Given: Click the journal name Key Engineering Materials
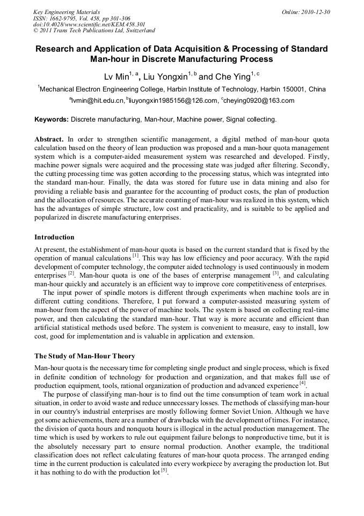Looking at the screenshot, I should pyautogui.click(x=67, y=12).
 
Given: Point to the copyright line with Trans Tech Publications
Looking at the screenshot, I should pyautogui.click(x=94, y=31).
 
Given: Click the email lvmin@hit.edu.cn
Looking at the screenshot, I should pyautogui.click(x=97, y=101).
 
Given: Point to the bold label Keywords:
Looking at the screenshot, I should pyautogui.click(x=52, y=119).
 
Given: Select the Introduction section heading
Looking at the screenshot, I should pyautogui.click(x=54, y=237).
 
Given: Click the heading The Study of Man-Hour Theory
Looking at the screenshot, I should pyautogui.click(x=85, y=356).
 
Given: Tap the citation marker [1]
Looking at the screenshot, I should pyautogui.click(x=135, y=256).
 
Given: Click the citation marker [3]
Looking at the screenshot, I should pyautogui.click(x=275, y=273).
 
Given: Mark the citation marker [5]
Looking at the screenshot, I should pyautogui.click(x=164, y=470).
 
